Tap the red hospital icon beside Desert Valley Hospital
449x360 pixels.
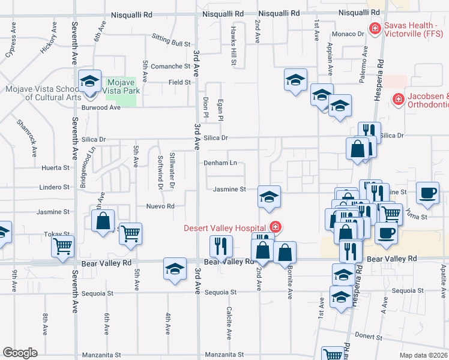276,227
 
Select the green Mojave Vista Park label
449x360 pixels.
122,86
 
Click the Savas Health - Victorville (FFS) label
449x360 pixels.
414,28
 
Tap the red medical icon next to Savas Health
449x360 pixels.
375,28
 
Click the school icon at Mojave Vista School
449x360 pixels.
89,80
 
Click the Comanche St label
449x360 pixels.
170,67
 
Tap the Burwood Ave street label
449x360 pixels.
101,107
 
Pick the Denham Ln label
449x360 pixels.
220,163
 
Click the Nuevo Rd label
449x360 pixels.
160,206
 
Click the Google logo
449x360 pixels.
20,353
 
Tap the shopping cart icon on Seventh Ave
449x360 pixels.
62,246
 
